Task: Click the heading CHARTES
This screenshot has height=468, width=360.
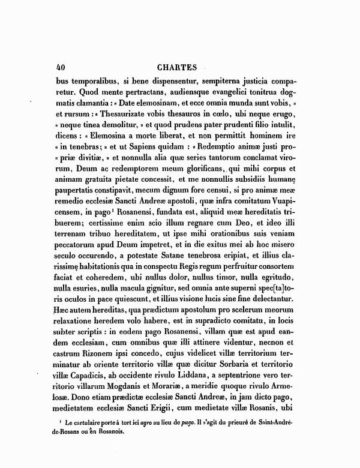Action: click(x=179, y=67)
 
